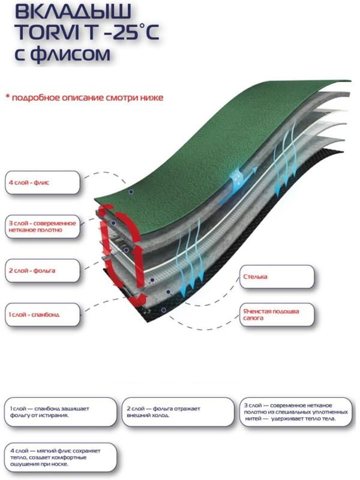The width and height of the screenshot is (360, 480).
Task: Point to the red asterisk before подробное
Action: (x=8, y=97)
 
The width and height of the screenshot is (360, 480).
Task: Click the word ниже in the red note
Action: (x=152, y=97)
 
